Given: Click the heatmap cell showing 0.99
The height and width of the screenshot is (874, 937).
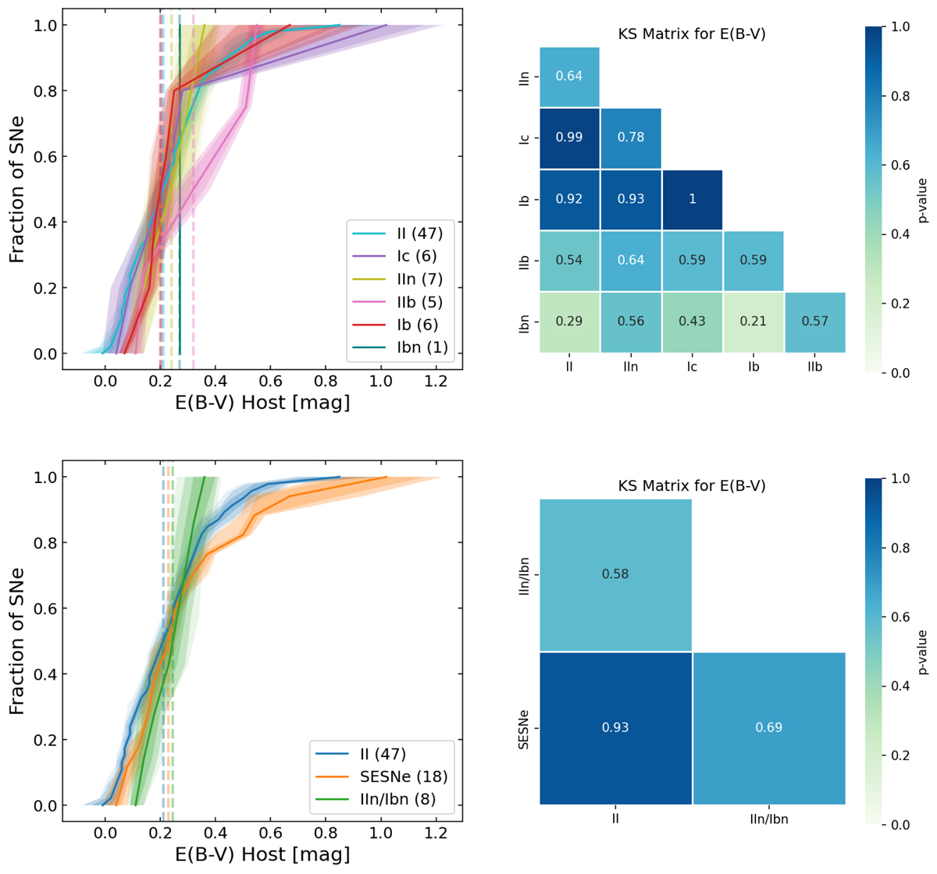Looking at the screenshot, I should tap(569, 137).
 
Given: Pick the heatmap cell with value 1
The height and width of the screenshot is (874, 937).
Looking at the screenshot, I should tap(692, 199).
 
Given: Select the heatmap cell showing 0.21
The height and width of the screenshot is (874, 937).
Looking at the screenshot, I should tap(753, 322).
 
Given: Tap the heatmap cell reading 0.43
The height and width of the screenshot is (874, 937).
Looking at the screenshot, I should tap(692, 322).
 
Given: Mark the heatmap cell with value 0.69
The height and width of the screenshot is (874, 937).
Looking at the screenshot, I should tap(768, 727).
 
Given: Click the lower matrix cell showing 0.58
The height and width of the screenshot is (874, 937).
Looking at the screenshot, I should tap(615, 574).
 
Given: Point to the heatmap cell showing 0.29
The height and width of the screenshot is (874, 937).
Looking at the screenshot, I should tap(569, 322).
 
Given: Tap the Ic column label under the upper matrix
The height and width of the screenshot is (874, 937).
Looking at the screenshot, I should tap(692, 367).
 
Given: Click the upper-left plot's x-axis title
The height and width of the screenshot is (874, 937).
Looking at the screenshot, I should tap(262, 403).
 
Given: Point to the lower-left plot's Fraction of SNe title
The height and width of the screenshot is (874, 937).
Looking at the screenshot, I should tap(17, 640).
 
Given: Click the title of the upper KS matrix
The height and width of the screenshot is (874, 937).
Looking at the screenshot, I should tap(692, 34).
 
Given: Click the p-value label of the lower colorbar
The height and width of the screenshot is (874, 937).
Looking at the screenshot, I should tap(924, 652).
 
